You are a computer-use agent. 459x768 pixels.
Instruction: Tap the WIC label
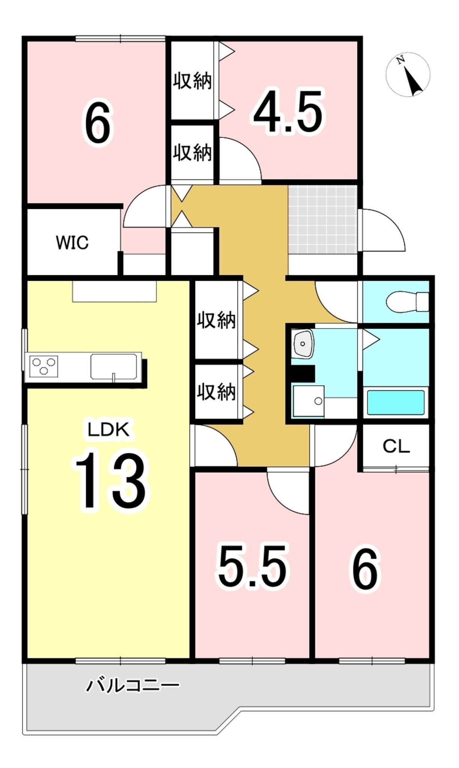pos(72,243)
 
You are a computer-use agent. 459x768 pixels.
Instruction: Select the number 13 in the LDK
pos(110,480)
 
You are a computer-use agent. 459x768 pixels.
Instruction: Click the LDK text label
pos(108,429)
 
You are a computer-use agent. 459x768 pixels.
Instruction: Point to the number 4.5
pos(288,111)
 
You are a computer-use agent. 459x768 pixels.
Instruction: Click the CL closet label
pos(396,446)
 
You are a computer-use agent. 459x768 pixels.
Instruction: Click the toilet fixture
pos(408,301)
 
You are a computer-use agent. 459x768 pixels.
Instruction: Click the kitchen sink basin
pos(114,366)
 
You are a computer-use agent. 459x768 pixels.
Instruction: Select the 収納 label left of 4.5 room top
pos(193,81)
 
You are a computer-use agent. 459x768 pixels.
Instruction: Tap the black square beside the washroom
pos(303,373)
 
